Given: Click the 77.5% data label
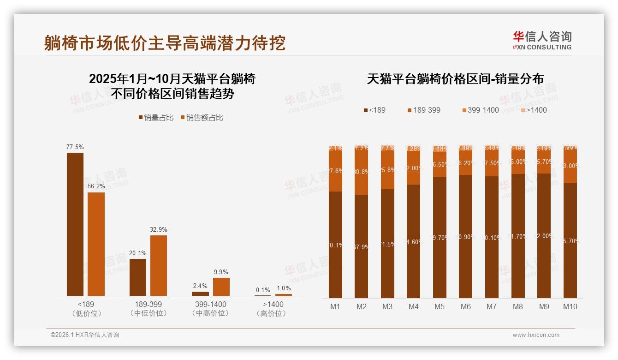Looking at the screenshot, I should pos(75,147).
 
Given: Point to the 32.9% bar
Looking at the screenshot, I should pos(159,265).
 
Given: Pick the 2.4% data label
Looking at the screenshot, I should pos(200,286).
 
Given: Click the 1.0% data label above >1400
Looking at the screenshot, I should pos(284,288).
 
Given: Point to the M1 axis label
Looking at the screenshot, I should pos(335,306).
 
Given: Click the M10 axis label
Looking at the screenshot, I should pos(570,306).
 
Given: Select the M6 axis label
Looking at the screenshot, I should pos(465,306).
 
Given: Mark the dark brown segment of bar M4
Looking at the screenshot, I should pos(413,241).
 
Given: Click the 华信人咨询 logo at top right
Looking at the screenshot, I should pos(542,40).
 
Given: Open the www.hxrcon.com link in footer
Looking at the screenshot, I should pos(536,335).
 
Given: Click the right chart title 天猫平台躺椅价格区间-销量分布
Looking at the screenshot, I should pos(455,79).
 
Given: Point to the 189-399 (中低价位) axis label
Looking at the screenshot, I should pos(148,309).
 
